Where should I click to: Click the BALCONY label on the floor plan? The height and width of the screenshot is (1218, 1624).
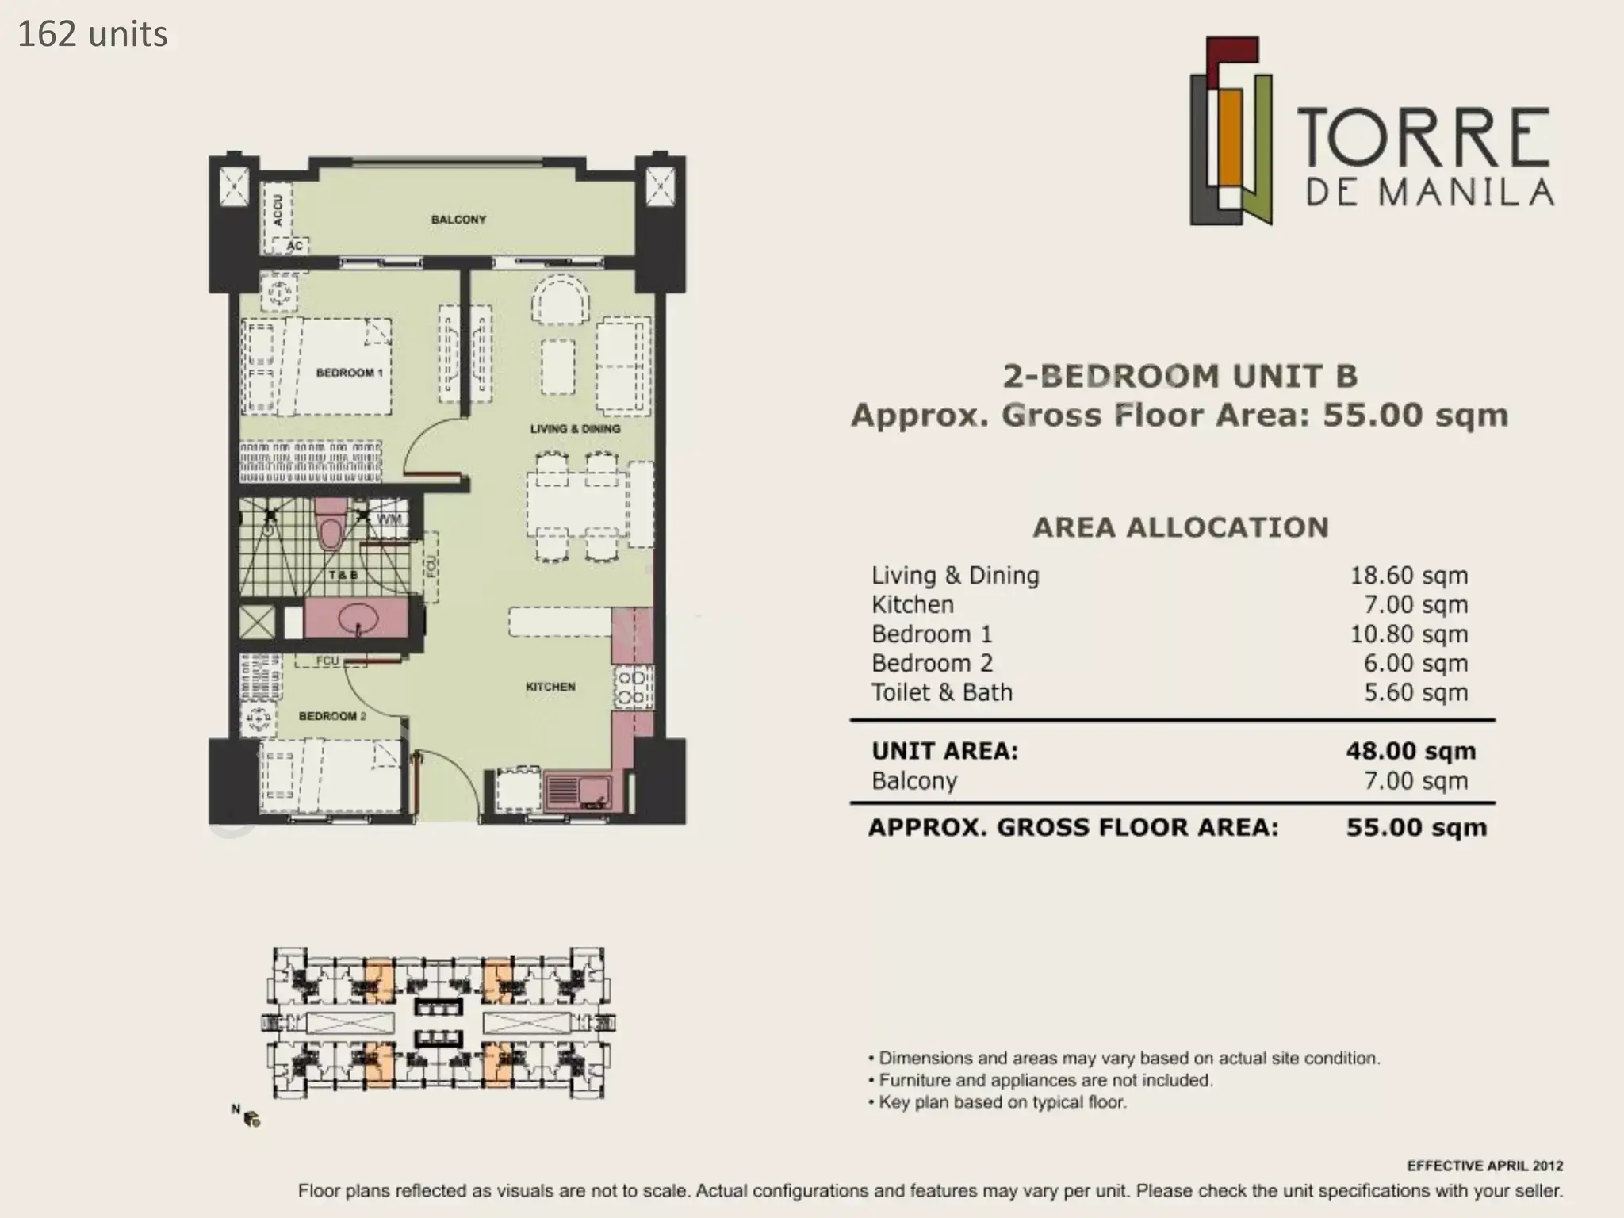(x=458, y=220)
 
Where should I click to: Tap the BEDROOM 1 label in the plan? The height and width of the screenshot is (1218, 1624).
(x=349, y=373)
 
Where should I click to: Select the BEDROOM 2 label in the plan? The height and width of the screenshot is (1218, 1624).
(x=332, y=716)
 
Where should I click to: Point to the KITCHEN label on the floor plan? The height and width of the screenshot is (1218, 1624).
(x=550, y=687)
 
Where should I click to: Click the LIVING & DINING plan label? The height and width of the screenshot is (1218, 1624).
(x=575, y=429)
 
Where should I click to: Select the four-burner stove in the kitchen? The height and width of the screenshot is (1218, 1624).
(x=633, y=687)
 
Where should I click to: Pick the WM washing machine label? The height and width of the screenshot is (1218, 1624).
(x=389, y=519)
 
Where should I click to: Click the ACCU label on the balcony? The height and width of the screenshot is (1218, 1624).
(x=278, y=210)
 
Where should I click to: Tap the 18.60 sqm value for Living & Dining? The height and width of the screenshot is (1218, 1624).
(x=1409, y=576)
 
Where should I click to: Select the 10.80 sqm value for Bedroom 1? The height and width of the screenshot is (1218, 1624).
(x=1409, y=634)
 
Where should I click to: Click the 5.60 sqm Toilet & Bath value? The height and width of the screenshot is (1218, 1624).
(x=1415, y=693)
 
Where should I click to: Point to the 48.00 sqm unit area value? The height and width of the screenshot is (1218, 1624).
(x=1411, y=751)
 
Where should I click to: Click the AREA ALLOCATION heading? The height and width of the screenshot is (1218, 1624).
(x=1181, y=528)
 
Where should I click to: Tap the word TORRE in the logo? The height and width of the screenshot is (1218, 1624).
(x=1423, y=138)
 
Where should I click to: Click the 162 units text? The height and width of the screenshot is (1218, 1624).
(x=93, y=35)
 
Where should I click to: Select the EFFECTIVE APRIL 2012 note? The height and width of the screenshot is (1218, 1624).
(x=1485, y=1166)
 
